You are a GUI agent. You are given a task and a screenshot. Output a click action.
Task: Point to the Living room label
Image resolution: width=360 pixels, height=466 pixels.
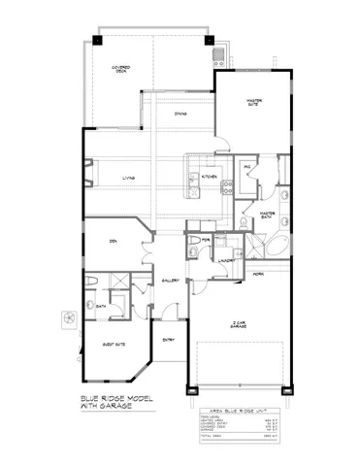pyautogui.click(x=128, y=177)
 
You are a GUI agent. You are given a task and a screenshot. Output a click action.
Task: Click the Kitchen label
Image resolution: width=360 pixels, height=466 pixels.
pyautogui.click(x=209, y=177)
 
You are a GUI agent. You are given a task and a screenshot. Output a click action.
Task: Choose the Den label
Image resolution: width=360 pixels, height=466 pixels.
pyautogui.click(x=113, y=241)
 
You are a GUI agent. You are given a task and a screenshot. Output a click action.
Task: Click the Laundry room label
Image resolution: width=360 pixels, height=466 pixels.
pyautogui.click(x=227, y=260)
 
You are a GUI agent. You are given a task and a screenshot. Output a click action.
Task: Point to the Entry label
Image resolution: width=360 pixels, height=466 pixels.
pyautogui.click(x=167, y=339)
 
